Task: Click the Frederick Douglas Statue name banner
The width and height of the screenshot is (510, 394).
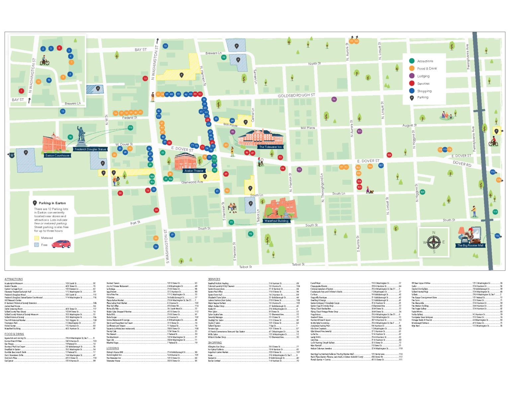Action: pos(90,149)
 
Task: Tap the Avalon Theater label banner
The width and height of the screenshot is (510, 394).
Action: pos(194,171)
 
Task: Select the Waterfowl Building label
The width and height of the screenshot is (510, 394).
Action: pos(276,221)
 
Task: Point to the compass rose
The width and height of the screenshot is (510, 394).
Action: pos(434,242)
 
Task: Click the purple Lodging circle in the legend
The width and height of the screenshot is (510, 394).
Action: pos(412,76)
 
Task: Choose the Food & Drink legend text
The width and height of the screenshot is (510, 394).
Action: pos(427,69)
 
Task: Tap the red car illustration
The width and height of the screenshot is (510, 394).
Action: pos(61,244)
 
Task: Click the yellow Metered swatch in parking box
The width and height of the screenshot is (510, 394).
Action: pos(37,238)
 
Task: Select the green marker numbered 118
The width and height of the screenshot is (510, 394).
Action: pos(130,127)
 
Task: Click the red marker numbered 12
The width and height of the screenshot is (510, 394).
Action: pos(145,79)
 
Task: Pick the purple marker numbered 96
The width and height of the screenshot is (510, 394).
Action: pos(334,99)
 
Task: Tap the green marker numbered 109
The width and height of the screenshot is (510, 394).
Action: pos(422,192)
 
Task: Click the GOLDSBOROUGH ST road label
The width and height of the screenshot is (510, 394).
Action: pos(296,96)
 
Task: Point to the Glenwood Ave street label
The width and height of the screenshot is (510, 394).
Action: pos(192,182)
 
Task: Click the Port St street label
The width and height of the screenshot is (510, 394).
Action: pos(135,223)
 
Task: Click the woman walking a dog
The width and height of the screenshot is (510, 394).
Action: pos(369,190)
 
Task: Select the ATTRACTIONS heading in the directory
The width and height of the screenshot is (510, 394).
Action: pos(14,279)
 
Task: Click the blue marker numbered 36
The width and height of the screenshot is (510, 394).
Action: pos(156,247)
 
